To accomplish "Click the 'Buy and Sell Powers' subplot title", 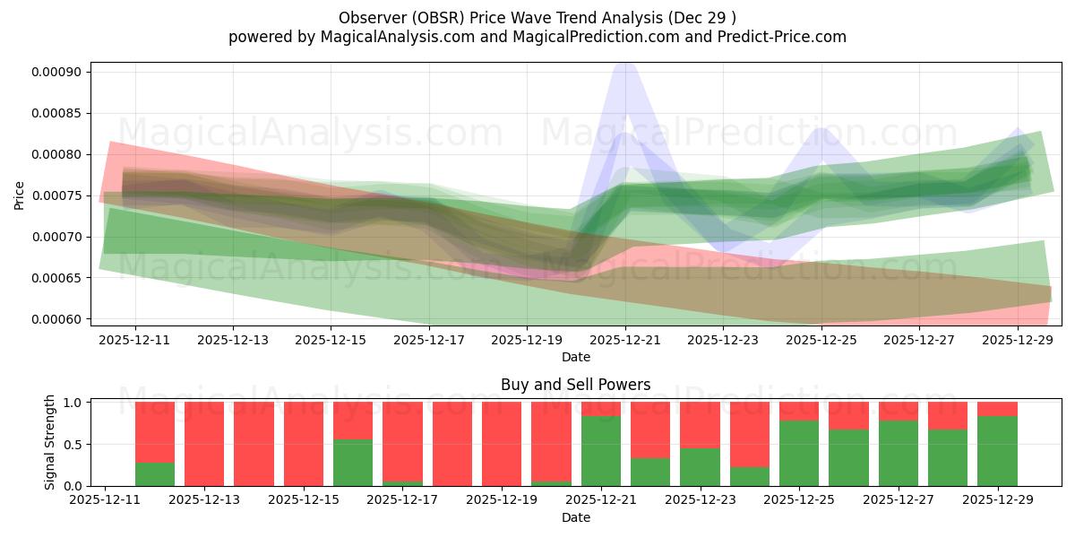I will pos(575,385).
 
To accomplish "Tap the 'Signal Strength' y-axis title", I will pos(50,442).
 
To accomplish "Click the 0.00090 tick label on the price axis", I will pos(56,72).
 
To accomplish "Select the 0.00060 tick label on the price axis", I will pos(56,319).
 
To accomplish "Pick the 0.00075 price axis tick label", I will pos(56,195).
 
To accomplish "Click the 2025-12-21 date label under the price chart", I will pos(625,341).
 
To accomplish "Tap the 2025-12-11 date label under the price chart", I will pos(134,341).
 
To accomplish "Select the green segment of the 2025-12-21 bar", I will pos(601,451).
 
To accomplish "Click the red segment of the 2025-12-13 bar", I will pos(204,444).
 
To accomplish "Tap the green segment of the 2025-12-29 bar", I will pos(997,451).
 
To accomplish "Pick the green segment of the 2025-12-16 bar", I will pos(353,463).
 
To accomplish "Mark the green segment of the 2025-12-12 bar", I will pos(155,474).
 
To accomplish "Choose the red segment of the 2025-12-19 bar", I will pos(502,444).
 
